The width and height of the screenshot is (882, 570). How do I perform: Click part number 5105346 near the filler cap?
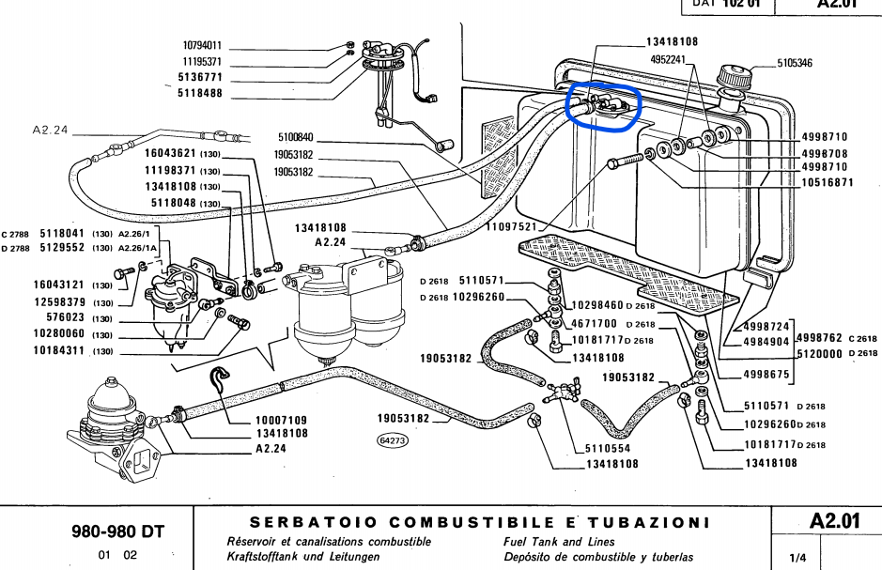pyautogui.click(x=795, y=64)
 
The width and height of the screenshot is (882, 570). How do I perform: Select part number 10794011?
pyautogui.click(x=202, y=45)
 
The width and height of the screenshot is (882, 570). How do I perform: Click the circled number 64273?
pyautogui.click(x=393, y=439)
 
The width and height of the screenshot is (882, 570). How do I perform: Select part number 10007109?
pyautogui.click(x=282, y=419)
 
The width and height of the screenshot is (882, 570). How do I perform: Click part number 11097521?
pyautogui.click(x=510, y=227)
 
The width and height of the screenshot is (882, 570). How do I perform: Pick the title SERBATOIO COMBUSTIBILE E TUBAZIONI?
pyautogui.click(x=480, y=521)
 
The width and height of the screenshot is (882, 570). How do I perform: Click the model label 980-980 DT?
pyautogui.click(x=119, y=531)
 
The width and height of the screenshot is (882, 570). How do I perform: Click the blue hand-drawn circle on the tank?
pyautogui.click(x=602, y=104)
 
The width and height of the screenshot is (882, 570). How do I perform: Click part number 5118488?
pyautogui.click(x=202, y=92)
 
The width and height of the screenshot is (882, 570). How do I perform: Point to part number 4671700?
pyautogui.click(x=596, y=324)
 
